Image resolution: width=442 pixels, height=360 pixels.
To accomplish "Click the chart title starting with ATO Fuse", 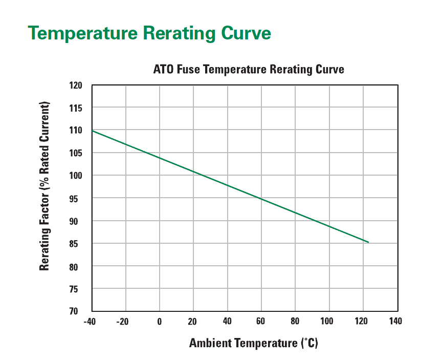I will click(x=249, y=69).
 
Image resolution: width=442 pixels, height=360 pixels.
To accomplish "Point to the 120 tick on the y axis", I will click(x=76, y=85).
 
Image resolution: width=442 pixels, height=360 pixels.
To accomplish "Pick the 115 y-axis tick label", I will click(x=76, y=108).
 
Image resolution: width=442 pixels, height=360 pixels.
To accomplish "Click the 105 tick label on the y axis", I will click(x=76, y=153).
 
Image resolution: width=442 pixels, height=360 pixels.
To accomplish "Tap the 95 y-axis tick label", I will click(x=77, y=199).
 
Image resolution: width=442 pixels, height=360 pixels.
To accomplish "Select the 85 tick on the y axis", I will click(x=77, y=244).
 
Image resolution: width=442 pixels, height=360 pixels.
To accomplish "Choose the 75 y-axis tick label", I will click(x=77, y=289).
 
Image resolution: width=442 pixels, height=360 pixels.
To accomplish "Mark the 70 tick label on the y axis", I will click(x=77, y=311).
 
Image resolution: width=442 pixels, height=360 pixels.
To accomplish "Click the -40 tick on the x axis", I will click(x=90, y=322).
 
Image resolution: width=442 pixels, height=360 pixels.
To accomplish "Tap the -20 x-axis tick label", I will click(x=123, y=322).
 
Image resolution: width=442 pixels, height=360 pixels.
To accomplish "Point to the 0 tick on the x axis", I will click(x=160, y=322).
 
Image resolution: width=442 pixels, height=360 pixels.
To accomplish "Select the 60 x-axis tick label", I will click(x=261, y=322).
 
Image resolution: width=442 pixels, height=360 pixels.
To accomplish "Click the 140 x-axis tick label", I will click(x=395, y=322).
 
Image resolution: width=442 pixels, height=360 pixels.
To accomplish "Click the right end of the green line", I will click(x=368, y=242).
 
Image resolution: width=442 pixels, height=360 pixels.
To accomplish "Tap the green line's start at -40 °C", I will click(x=93, y=131).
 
